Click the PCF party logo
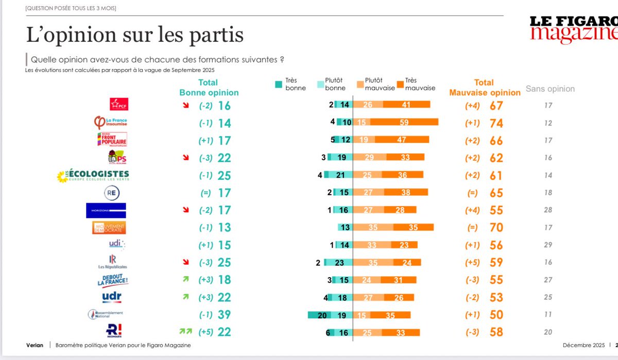pos(119,104)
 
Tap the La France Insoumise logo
pos(109,123)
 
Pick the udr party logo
pos(112,297)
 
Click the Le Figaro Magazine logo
pos(574,28)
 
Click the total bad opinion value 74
pos(496,123)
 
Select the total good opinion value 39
pos(224,314)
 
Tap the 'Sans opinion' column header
pos(550,89)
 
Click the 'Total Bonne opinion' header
pos(209,88)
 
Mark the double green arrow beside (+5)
pos(184,332)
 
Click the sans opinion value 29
pos(548,245)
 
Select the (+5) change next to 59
pos(471,262)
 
